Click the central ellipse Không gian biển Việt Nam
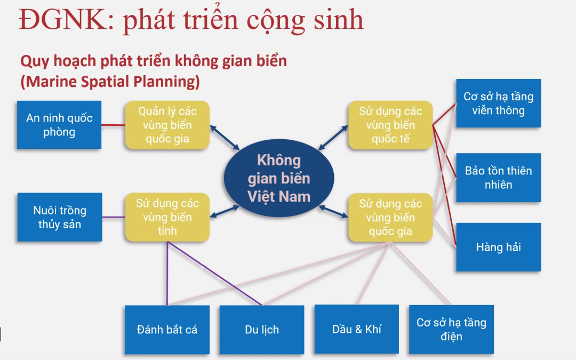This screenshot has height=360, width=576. [x=279, y=178]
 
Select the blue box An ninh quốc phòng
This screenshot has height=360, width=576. [x=59, y=125]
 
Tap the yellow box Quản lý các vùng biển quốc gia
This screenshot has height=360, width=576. [x=167, y=125]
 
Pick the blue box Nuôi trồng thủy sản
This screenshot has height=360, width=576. [x=60, y=217]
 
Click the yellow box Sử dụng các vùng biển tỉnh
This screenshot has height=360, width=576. [x=167, y=217]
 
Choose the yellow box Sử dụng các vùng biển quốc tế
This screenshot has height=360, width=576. [x=390, y=125]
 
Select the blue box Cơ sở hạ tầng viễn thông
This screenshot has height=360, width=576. [x=499, y=103]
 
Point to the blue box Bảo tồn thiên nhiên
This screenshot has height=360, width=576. [x=499, y=178]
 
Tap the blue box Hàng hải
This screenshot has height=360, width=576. [x=499, y=247]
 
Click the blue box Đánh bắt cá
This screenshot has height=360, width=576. [x=167, y=330]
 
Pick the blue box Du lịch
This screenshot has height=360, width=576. [x=262, y=330]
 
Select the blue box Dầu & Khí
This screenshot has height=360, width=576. [x=357, y=329]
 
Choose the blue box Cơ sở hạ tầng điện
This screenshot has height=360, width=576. [x=452, y=330]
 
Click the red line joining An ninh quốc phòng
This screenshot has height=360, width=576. [x=113, y=125]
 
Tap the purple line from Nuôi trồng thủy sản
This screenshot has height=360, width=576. [x=114, y=217]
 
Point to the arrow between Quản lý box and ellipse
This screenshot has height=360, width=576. [x=225, y=138]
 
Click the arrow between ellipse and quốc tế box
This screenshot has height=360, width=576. [x=333, y=138]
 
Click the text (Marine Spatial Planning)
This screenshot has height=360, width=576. [x=110, y=82]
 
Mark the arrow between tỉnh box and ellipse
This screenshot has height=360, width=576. [x=225, y=212]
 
